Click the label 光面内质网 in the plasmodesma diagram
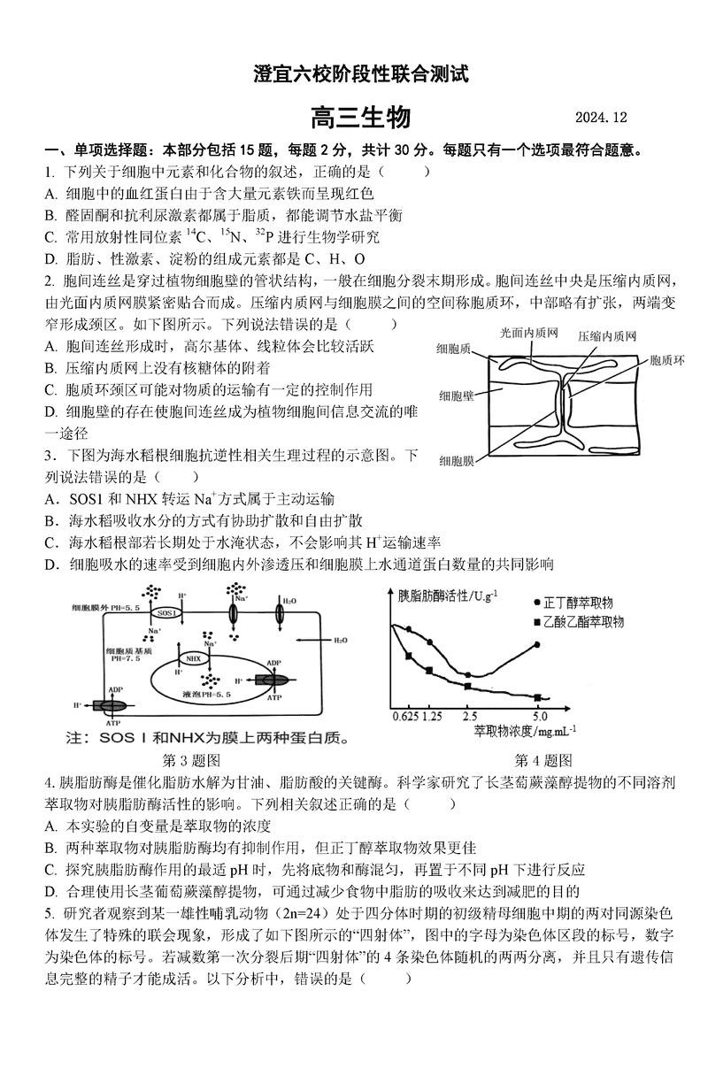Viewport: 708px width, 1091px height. click(528, 333)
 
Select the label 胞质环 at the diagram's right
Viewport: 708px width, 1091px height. click(666, 360)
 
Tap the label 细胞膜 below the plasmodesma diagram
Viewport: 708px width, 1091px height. click(457, 460)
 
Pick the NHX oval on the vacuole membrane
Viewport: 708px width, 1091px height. click(193, 658)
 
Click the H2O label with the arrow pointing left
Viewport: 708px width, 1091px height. click(339, 639)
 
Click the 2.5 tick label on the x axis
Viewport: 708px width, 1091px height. click(469, 716)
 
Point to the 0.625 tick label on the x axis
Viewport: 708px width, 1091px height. click(404, 716)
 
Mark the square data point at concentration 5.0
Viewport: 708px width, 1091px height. click(537, 696)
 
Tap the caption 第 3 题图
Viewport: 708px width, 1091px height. click(192, 759)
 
